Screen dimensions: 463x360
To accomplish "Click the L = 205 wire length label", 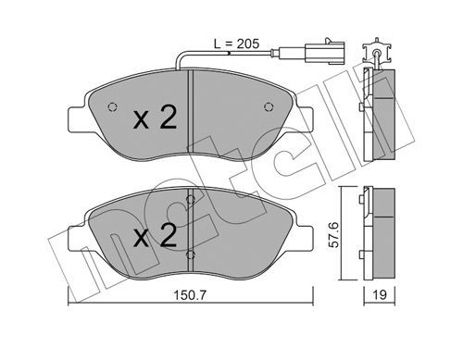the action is pyautogui.click(x=237, y=43).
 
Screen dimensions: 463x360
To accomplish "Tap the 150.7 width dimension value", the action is pyautogui.click(x=190, y=295).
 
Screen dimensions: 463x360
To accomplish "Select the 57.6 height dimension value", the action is pyautogui.click(x=333, y=234).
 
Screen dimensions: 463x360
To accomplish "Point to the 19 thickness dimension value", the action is pyautogui.click(x=380, y=295).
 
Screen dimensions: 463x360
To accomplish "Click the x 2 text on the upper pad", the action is pyautogui.click(x=155, y=118).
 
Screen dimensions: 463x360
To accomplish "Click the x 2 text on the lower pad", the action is pyautogui.click(x=155, y=235).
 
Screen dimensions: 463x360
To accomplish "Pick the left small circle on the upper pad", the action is pyautogui.click(x=112, y=106).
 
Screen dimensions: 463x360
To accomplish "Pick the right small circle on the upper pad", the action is pyautogui.click(x=269, y=106).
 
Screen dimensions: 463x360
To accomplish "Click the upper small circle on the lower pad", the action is pyautogui.click(x=191, y=200).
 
